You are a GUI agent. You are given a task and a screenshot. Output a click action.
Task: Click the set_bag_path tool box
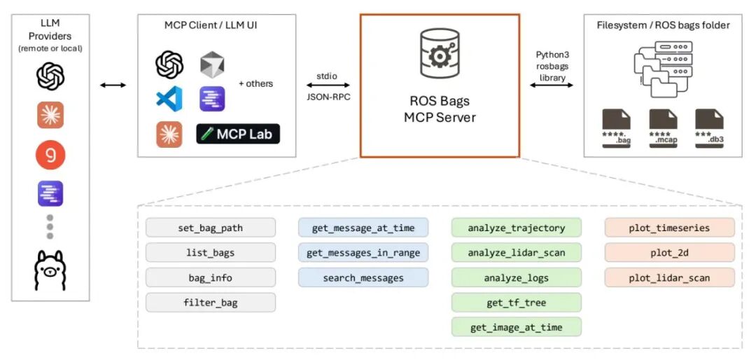(211, 228)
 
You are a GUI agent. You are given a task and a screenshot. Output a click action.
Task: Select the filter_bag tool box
(211, 303)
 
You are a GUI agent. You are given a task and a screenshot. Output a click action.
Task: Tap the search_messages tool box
(363, 277)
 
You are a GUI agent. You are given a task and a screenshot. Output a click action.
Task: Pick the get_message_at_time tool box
(363, 228)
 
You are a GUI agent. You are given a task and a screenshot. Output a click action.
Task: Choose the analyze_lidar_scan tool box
(517, 252)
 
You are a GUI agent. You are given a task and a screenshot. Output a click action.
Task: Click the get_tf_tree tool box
(517, 303)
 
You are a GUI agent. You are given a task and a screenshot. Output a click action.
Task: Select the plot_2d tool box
(670, 252)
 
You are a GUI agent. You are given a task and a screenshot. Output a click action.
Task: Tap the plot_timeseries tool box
(670, 228)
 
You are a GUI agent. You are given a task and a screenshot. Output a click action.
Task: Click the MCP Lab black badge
(238, 134)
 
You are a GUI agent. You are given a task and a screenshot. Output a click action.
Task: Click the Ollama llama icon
(50, 270)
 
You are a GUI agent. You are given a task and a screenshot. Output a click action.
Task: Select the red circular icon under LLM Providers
(50, 155)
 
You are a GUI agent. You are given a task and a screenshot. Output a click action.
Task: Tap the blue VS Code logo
(169, 99)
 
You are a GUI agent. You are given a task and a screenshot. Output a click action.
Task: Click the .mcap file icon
(663, 128)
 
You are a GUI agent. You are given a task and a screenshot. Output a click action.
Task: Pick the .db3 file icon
(709, 128)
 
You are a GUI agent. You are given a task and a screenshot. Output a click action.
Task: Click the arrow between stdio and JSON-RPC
(328, 85)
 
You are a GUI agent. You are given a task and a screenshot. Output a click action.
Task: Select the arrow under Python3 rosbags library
(552, 85)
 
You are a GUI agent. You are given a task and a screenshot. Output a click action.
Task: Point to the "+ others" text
(255, 83)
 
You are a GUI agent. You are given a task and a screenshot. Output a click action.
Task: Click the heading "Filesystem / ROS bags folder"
(663, 25)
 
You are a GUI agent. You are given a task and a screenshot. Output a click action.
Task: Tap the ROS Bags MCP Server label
(439, 109)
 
